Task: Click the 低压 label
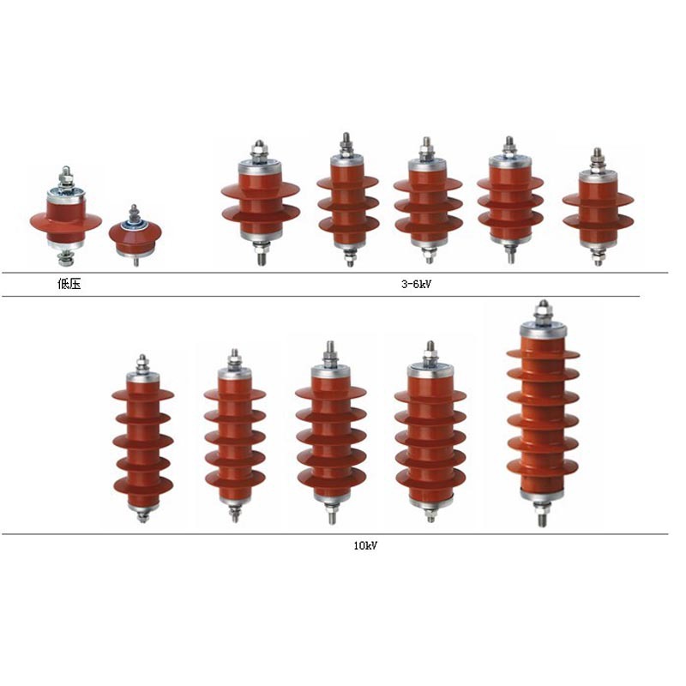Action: point(69,284)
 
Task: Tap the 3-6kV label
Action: point(416,284)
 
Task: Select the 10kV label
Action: point(365,545)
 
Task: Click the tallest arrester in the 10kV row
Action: point(543,413)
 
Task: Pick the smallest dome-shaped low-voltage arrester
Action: point(135,236)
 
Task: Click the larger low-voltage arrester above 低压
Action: point(66,216)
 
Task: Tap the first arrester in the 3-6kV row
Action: point(261,203)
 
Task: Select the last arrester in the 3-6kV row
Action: point(598,207)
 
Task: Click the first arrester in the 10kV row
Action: point(142,439)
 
